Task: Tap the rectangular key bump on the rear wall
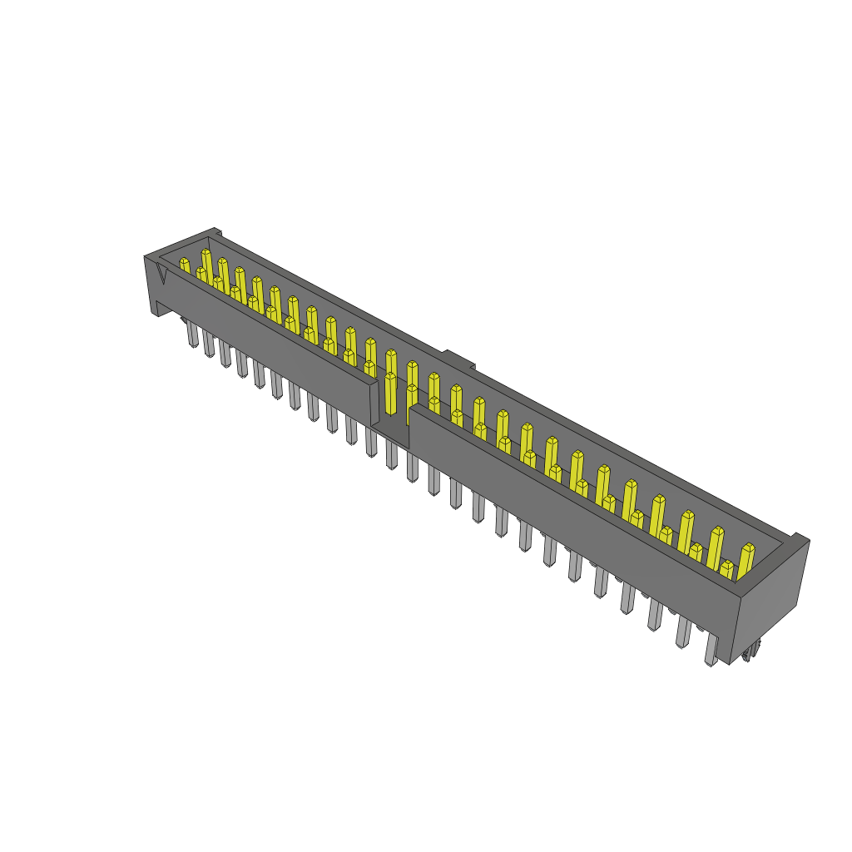click(458, 359)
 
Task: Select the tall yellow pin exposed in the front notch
click(390, 394)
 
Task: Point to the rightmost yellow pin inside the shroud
click(745, 560)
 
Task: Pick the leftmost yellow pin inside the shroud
click(185, 266)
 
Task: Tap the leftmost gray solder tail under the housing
click(192, 334)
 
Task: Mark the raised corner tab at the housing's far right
click(799, 540)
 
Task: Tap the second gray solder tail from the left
click(209, 344)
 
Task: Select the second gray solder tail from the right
click(683, 632)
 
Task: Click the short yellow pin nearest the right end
click(727, 570)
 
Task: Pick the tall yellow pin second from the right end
click(716, 547)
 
